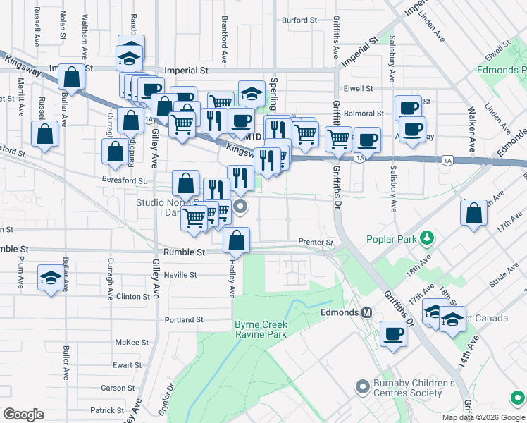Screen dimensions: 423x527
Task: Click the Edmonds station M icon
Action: [x=366, y=312]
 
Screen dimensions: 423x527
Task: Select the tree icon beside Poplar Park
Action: [x=426, y=239]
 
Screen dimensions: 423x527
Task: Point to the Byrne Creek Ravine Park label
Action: [x=261, y=329]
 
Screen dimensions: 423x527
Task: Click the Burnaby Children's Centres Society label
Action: [x=414, y=388]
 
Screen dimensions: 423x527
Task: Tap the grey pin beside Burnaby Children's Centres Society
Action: [x=363, y=386]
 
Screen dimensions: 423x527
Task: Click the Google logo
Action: [x=23, y=414]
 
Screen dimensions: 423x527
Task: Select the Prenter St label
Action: [x=315, y=243]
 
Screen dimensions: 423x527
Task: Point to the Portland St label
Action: [x=184, y=319]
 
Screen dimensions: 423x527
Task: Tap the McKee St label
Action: [x=132, y=342]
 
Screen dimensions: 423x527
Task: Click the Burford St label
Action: [x=299, y=20]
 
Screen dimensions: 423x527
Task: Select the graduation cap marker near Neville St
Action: [x=51, y=278]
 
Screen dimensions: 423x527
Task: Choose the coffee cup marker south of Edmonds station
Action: [x=393, y=334]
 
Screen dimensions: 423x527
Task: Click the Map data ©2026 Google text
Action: [x=483, y=417]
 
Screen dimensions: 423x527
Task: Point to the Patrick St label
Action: [x=107, y=410]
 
